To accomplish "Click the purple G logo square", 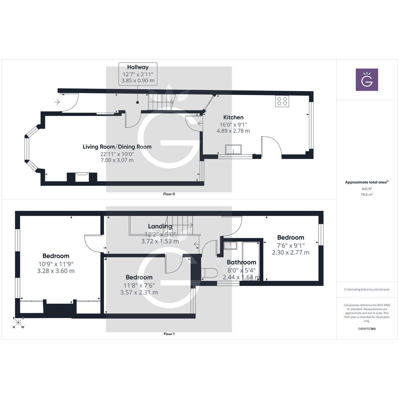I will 367,80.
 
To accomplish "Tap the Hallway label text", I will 138,67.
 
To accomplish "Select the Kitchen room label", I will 233,117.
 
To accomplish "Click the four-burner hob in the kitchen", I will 282,101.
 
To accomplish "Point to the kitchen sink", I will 233,150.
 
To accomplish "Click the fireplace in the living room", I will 82,177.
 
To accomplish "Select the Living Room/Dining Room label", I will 117,147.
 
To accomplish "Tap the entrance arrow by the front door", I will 57,102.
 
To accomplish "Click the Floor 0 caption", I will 169,194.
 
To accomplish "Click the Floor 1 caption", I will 169,334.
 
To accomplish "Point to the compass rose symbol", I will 18,323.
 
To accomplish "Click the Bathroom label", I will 241,262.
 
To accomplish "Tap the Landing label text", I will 160,226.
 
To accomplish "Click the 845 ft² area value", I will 367,189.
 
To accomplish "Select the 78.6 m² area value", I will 367,195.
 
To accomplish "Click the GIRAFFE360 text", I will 367,329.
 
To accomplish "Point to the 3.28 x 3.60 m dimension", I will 56,271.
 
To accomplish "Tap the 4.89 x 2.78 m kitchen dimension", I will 233,131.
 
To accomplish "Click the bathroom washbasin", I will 230,246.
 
